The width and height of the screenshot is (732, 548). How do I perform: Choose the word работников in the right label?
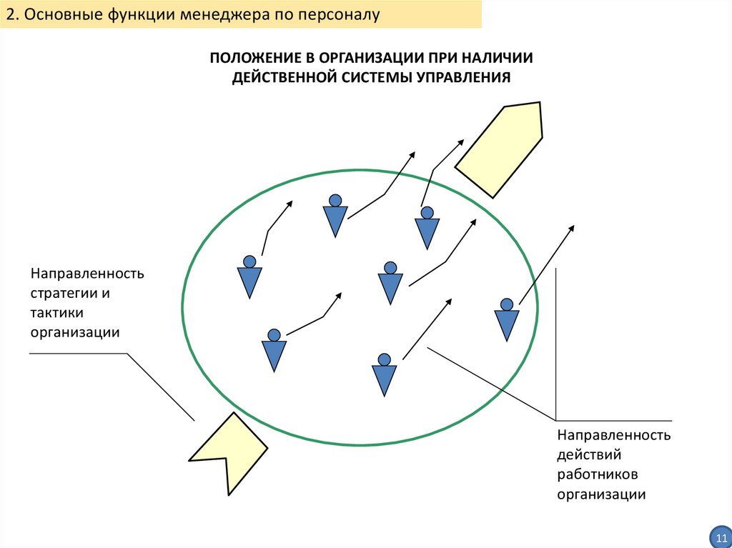597,474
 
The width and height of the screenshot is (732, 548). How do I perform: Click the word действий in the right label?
589,454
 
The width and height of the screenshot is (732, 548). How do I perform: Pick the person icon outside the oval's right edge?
507,319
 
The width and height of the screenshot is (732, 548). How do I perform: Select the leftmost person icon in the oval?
249,276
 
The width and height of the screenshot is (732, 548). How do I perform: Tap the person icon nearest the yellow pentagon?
427,227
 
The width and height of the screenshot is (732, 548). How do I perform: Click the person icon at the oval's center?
390,283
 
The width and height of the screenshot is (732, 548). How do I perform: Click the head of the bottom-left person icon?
274,334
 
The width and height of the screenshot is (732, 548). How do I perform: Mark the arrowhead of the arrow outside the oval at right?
571,228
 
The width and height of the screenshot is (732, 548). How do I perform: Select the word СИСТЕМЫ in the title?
373,77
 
